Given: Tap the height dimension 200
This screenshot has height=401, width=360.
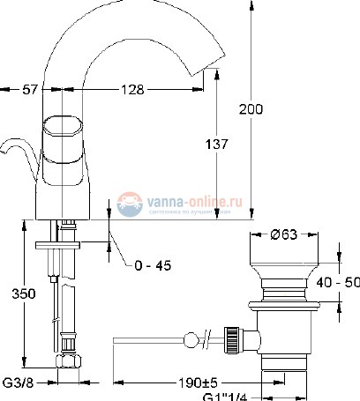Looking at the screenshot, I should [251, 110].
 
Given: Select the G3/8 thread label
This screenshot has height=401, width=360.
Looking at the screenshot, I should [18, 383].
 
